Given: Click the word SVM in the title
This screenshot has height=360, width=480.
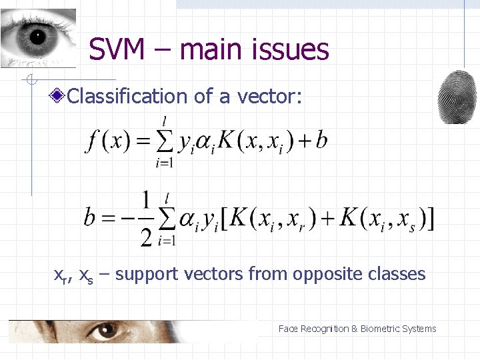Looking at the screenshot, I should click(x=117, y=49).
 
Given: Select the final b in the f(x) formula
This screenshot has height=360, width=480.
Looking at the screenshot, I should click(x=321, y=141).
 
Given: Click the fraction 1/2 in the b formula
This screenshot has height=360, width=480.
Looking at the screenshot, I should click(x=146, y=218).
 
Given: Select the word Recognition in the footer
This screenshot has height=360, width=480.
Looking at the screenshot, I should click(x=324, y=329).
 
